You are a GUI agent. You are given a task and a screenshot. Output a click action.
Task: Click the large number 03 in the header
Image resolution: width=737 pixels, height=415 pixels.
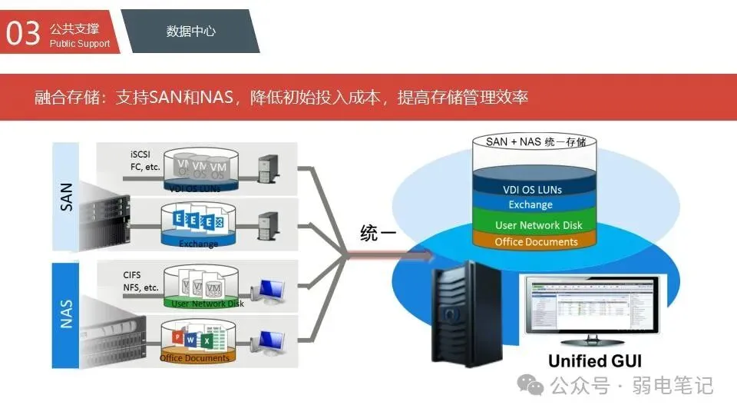click(x=23, y=32)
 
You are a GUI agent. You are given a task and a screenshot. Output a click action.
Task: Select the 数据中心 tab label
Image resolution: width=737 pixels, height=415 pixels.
click(x=190, y=32)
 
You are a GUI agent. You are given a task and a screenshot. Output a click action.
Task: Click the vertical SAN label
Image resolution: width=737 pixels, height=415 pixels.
click(x=66, y=197)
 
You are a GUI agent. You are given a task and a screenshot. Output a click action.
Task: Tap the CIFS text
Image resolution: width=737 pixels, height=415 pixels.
click(x=132, y=274)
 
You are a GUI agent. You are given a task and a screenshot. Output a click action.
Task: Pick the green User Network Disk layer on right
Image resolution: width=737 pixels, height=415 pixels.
click(x=538, y=225)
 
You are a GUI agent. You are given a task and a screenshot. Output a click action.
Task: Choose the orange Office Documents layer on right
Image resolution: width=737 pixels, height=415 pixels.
click(x=536, y=241)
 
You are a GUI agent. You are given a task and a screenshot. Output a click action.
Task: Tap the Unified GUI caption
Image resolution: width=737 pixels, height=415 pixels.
click(x=595, y=360)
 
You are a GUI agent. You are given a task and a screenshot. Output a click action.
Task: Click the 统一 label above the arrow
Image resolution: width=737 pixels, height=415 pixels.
click(x=378, y=234)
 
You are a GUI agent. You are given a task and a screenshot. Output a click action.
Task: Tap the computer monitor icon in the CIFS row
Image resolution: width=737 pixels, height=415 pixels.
click(x=271, y=291)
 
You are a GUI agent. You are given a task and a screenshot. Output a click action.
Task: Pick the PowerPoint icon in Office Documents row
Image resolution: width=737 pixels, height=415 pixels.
click(x=176, y=338)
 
